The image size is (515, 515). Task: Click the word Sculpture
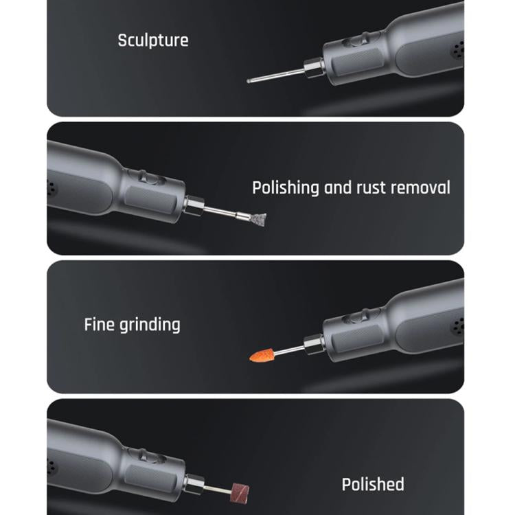point(153,41)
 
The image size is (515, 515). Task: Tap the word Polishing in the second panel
point(286,188)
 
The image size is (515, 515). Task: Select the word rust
point(371,188)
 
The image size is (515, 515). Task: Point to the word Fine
point(100,325)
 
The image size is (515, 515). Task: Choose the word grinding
point(150,325)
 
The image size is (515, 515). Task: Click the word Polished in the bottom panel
point(373,485)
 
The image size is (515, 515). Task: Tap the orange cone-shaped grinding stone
point(262,356)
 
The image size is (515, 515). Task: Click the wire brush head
point(258,219)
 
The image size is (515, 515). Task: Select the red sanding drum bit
point(240,493)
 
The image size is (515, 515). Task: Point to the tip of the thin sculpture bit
point(249,81)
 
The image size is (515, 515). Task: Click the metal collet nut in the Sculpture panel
point(314,68)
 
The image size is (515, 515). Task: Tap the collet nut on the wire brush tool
point(194,206)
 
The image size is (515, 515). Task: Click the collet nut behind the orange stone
point(314,345)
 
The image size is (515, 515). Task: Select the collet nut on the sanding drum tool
point(194,485)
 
